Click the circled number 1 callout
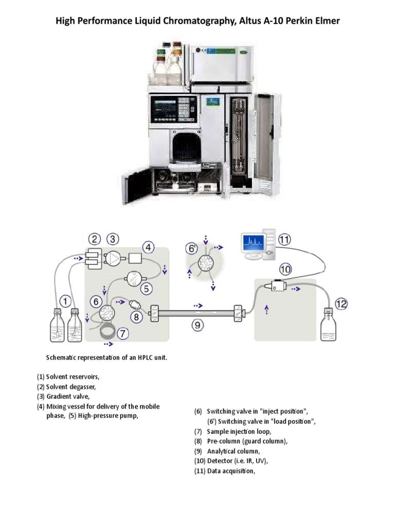point(65,300)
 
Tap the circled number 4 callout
point(148,248)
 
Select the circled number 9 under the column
point(196,324)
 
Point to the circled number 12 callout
point(341,304)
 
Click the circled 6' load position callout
point(191,248)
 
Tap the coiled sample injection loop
point(109,331)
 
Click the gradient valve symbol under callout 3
point(114,259)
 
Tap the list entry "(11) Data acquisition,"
point(224,470)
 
